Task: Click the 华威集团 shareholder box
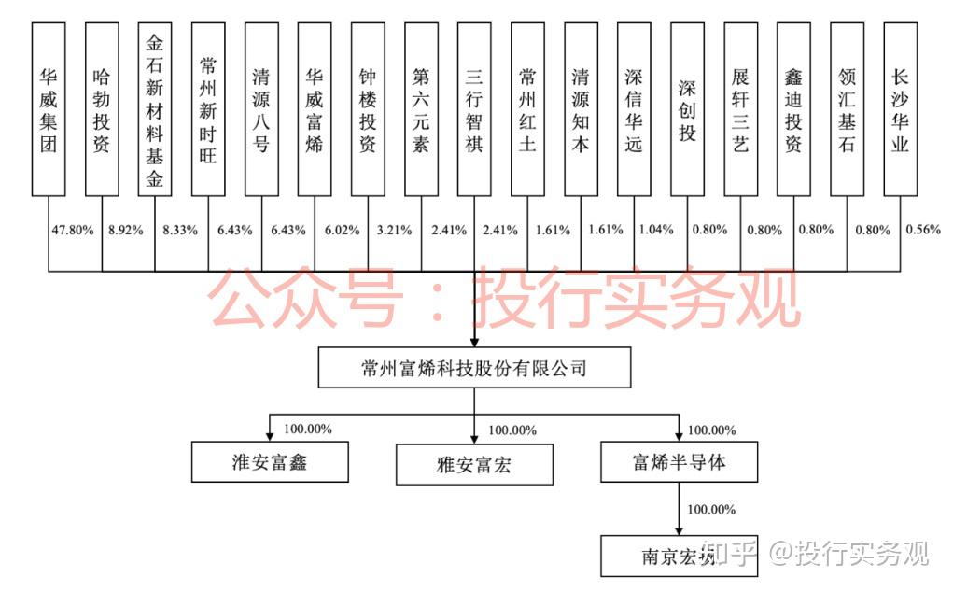coord(48,109)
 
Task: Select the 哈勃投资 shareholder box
coord(101,109)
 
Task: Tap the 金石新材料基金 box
coord(154,109)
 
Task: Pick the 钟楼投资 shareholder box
coord(368,109)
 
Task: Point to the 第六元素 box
coord(421,109)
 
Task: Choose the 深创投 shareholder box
coord(687,109)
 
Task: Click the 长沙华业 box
coord(900,109)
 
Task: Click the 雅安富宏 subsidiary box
coord(474,464)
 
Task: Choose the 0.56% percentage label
coord(924,230)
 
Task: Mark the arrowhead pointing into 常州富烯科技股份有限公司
coord(474,341)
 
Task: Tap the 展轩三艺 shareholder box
coord(740,109)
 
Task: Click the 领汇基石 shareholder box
coord(847,109)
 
